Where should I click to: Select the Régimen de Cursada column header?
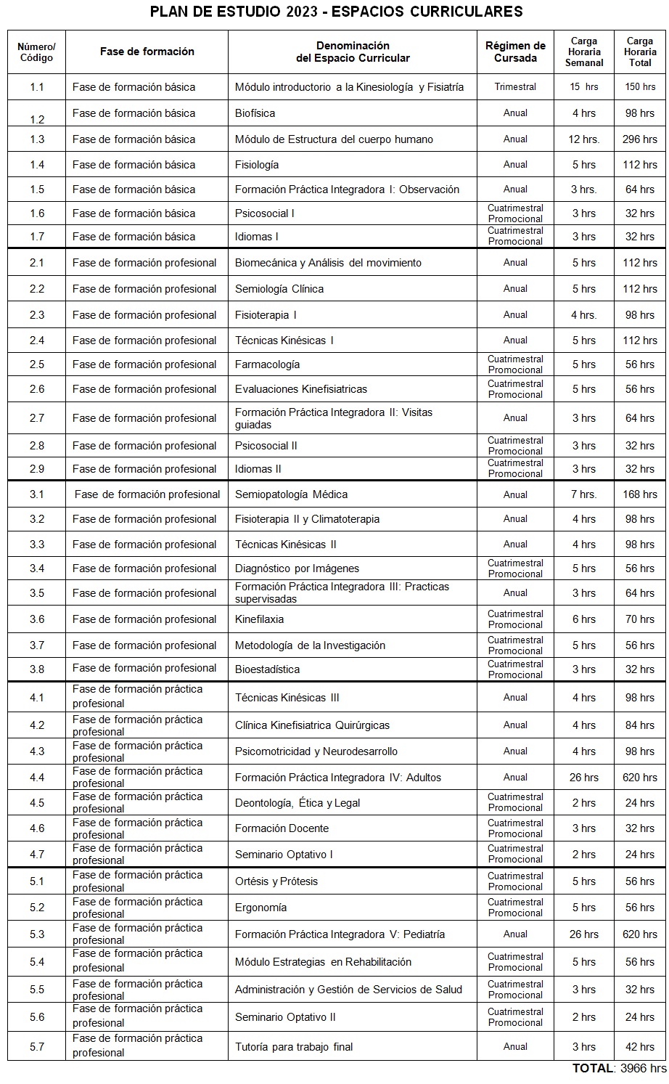[x=515, y=52]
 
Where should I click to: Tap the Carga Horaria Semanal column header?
[x=584, y=52]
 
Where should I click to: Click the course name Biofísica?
[x=255, y=113]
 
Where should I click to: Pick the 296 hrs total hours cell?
[x=639, y=139]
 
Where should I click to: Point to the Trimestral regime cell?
[x=515, y=87]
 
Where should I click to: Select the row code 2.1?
[x=37, y=263]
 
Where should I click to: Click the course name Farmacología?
[x=267, y=364]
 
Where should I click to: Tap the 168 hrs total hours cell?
[x=639, y=494]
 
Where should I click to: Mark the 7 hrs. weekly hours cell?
[x=584, y=494]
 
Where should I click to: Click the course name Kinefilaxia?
[x=259, y=619]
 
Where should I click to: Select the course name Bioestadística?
[x=267, y=669]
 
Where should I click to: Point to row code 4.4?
[x=37, y=778]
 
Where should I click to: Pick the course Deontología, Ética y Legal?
[x=297, y=803]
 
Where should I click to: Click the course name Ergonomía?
[x=260, y=908]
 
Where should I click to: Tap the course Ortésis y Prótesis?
[x=276, y=881]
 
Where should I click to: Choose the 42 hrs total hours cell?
[x=639, y=1047]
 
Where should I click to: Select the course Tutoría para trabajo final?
[x=294, y=1047]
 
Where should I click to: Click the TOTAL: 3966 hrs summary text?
[x=619, y=1068]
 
